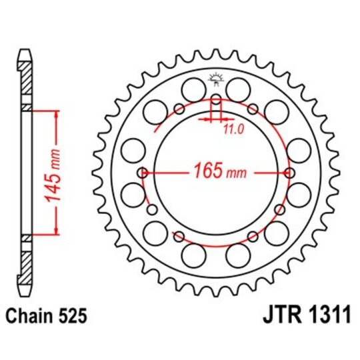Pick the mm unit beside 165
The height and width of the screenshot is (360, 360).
point(237,173)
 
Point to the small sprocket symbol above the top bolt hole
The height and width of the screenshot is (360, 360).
point(215,81)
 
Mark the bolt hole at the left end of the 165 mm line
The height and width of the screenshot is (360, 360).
point(142,173)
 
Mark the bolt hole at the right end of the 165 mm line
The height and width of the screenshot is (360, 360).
point(288,173)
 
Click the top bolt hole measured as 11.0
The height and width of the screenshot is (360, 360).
point(215,100)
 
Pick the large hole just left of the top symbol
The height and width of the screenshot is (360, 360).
point(193,89)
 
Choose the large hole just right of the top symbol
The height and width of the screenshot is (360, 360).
point(237,89)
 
